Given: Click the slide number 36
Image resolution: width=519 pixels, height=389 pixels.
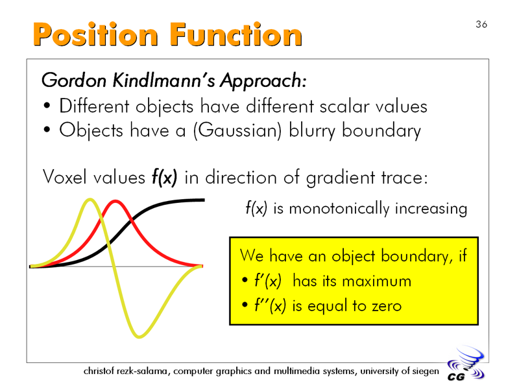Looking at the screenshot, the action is click(x=481, y=25).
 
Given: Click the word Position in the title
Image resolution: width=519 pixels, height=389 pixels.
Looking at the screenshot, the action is click(x=95, y=34).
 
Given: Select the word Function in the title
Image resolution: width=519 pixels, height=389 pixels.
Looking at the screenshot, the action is click(x=236, y=34).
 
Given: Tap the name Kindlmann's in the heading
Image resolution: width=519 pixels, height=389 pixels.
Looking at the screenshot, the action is click(x=164, y=80).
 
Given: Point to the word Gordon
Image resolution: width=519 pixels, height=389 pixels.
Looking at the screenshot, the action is click(x=74, y=80).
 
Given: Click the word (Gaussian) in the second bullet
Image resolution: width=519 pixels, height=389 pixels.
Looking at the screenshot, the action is click(x=237, y=130).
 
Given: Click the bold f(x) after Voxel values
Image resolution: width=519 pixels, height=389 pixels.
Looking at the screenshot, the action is click(x=165, y=177).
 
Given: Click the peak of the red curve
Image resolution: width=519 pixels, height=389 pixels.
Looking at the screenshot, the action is click(x=115, y=201).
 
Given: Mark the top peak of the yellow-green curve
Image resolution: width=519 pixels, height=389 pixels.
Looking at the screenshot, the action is click(x=90, y=200).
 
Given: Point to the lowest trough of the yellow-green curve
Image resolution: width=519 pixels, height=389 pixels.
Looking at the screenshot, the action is click(x=139, y=337).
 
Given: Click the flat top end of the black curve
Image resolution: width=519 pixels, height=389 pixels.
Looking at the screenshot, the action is click(x=204, y=200).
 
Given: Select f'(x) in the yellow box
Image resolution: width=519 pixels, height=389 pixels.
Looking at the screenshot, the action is click(x=268, y=281).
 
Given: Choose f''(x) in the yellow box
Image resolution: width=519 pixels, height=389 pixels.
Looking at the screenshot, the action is click(x=270, y=305).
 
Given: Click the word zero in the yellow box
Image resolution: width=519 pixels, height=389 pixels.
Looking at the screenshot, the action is click(x=387, y=306).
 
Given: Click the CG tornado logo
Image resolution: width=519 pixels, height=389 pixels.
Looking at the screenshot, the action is click(x=466, y=364).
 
